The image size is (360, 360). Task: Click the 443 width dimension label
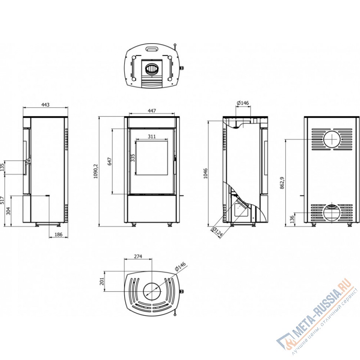pyautogui.click(x=45, y=105)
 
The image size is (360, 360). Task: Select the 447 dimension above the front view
pyautogui.click(x=152, y=111)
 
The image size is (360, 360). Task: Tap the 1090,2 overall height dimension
pyautogui.click(x=96, y=171)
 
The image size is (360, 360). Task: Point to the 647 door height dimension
pyautogui.click(x=109, y=161)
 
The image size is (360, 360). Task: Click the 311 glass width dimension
pyautogui.click(x=152, y=136)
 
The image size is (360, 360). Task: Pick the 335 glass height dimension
pyautogui.click(x=133, y=158)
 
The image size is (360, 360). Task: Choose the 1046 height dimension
pyautogui.click(x=206, y=174)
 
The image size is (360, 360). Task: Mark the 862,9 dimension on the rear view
pyautogui.click(x=282, y=183)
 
